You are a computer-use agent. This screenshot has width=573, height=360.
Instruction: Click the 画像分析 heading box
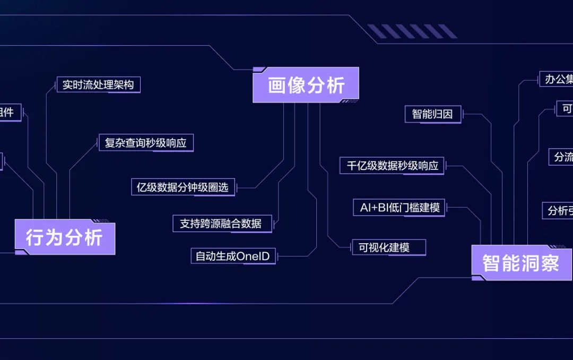point(306,85)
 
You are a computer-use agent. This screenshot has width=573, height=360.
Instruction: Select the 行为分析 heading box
point(65,237)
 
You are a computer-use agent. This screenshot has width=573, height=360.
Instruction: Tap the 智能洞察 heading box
point(522,263)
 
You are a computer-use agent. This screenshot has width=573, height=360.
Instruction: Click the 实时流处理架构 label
point(98,85)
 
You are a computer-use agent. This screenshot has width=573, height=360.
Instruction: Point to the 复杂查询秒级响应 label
point(146,143)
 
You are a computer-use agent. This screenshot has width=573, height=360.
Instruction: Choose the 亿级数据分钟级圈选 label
point(183,187)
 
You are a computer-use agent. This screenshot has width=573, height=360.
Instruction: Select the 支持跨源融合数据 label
point(222,224)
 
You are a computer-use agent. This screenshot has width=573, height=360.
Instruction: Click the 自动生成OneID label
point(233,256)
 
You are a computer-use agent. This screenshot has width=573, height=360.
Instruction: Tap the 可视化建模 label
point(388,247)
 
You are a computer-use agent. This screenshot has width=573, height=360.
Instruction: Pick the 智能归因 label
point(433,114)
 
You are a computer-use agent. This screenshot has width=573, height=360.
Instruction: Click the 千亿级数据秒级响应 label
point(392,166)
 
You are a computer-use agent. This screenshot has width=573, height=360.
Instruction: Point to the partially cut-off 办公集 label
point(557,80)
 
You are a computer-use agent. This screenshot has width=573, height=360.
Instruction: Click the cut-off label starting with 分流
point(562,157)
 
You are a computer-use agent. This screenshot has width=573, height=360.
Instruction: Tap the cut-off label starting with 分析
point(558,210)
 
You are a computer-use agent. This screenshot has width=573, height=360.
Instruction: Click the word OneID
point(253,256)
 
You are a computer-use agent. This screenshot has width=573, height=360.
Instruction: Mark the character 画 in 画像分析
point(277,85)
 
